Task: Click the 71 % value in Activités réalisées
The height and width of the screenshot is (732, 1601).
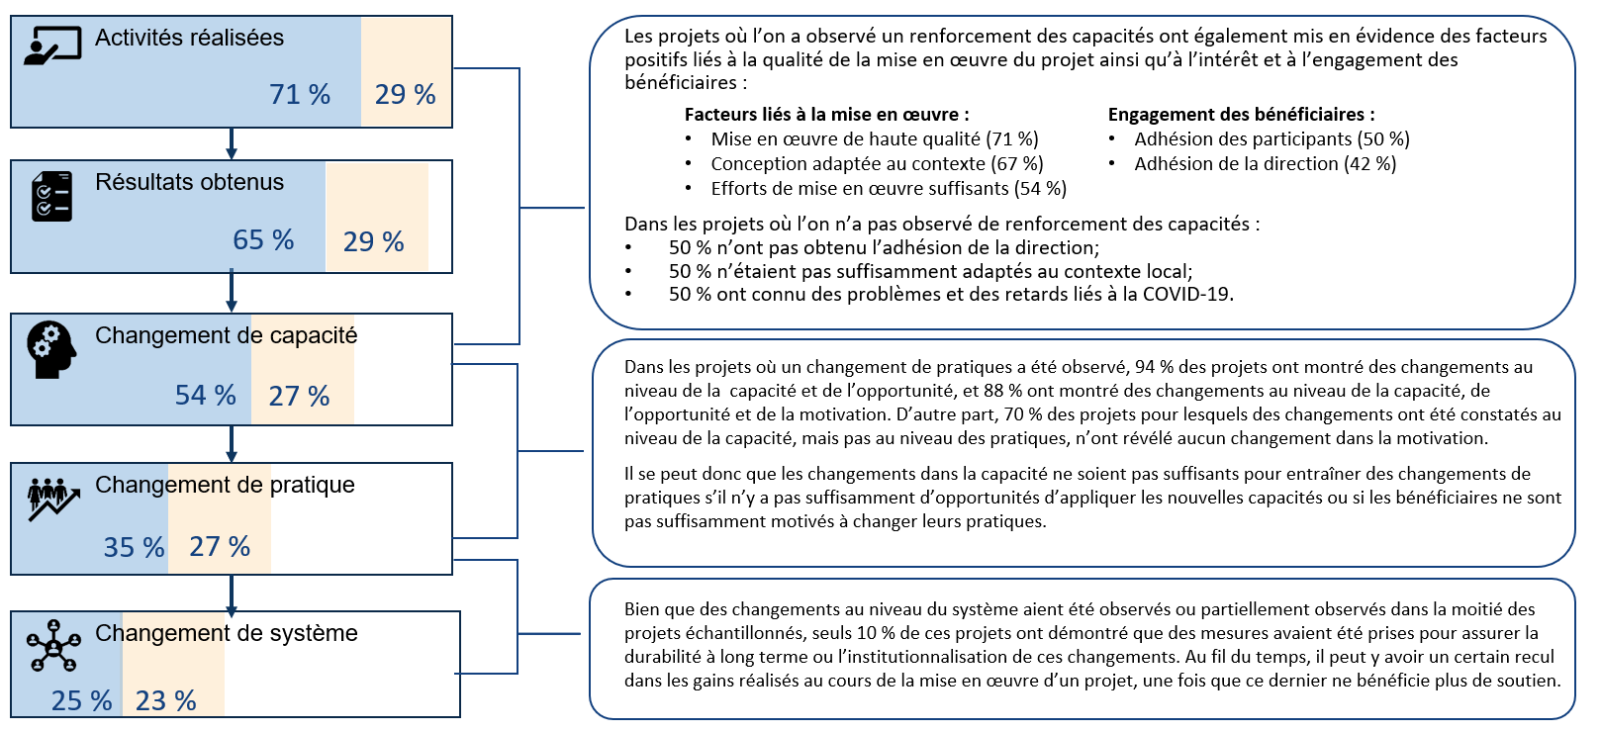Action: click(x=300, y=94)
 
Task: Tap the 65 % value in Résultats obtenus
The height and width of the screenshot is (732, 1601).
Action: click(x=263, y=240)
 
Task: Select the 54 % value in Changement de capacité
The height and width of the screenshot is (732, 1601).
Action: click(x=205, y=396)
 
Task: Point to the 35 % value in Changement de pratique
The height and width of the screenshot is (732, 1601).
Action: click(x=134, y=547)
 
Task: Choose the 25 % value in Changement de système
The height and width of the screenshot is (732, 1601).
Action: click(x=81, y=700)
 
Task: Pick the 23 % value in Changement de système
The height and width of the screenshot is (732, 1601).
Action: click(x=166, y=700)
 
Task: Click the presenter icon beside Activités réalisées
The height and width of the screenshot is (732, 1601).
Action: click(x=52, y=46)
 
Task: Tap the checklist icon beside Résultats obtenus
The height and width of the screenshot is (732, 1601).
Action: click(x=52, y=196)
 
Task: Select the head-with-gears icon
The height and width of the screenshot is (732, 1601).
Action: click(x=51, y=349)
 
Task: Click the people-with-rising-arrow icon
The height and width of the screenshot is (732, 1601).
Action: click(x=53, y=500)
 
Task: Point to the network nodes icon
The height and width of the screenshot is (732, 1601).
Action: click(x=53, y=646)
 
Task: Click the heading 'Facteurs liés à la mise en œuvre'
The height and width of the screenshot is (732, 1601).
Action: click(x=827, y=115)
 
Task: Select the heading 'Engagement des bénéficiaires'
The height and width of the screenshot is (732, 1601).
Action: click(x=1242, y=115)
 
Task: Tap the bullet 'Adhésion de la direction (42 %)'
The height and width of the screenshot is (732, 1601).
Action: click(x=1266, y=163)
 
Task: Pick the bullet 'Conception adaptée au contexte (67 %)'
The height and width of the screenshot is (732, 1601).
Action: click(x=877, y=163)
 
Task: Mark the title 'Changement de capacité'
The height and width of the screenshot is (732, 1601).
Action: click(x=226, y=335)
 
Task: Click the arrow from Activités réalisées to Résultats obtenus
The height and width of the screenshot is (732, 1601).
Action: click(x=231, y=143)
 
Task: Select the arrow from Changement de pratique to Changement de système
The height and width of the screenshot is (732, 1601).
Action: click(x=231, y=596)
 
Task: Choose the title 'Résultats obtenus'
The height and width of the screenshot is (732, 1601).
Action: click(x=189, y=182)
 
